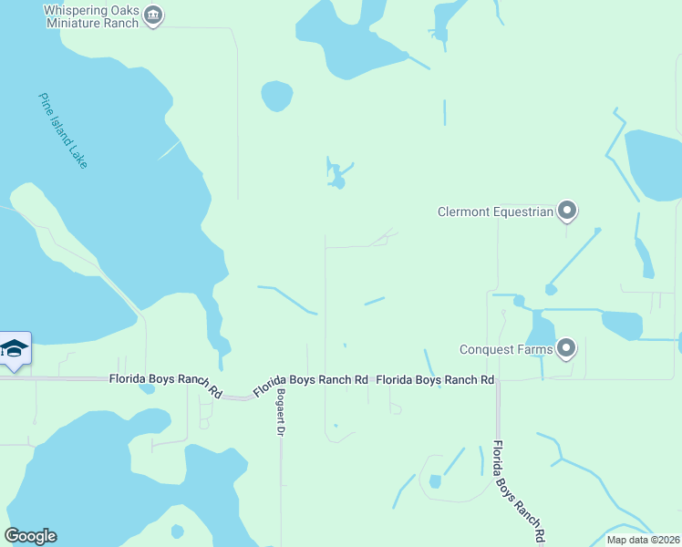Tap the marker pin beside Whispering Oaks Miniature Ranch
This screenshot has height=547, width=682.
[x=153, y=15]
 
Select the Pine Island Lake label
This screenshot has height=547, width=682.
[x=63, y=129]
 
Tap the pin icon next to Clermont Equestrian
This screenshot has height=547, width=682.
[x=567, y=212]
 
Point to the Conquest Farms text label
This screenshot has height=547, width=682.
[x=506, y=348]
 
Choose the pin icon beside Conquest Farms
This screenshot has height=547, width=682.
[x=567, y=347]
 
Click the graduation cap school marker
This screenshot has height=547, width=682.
[x=15, y=348]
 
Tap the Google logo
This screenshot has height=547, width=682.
[x=30, y=536]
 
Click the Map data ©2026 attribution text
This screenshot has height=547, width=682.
[x=643, y=540]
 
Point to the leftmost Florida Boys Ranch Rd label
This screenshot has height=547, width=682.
[x=166, y=385]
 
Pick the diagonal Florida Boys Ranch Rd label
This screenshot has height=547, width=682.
[x=310, y=385]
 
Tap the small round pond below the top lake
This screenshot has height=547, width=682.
[x=276, y=95]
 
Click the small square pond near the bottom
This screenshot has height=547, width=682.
[x=435, y=481]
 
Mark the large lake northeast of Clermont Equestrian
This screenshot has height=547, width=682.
[x=654, y=164]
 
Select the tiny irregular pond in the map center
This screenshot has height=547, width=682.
[x=336, y=176]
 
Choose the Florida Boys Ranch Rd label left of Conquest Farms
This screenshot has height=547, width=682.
[x=435, y=379]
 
